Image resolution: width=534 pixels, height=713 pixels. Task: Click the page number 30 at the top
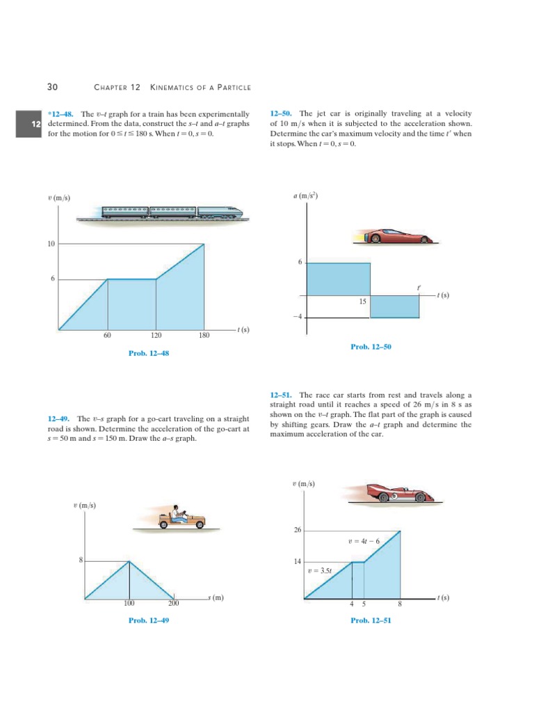[x=51, y=87]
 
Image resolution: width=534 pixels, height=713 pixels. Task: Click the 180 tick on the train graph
[x=204, y=335]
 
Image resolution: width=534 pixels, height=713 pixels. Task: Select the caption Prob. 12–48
[x=149, y=353]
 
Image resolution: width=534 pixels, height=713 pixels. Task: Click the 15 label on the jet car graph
[x=362, y=301]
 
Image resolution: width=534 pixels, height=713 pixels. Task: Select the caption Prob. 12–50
[x=371, y=346]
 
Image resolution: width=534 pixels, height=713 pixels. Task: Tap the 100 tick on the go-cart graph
[x=129, y=604]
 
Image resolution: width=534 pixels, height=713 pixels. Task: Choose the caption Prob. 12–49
[x=149, y=620]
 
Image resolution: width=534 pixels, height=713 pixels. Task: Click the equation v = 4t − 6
[x=364, y=540]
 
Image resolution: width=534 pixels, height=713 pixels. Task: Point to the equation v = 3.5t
[x=320, y=571]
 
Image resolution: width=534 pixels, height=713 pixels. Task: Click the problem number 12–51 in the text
[x=282, y=394]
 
